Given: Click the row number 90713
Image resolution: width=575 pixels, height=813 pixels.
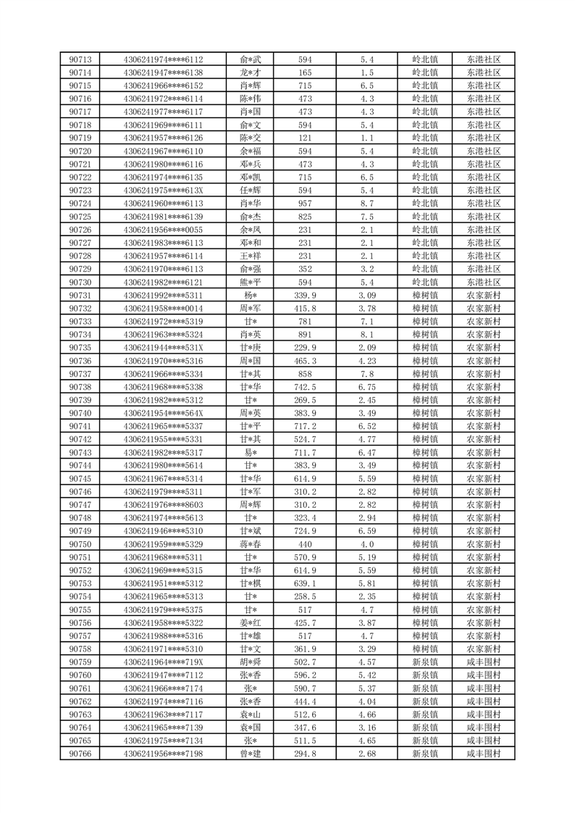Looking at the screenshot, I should (x=80, y=59).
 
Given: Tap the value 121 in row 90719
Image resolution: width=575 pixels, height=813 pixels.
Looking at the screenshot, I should (x=305, y=138).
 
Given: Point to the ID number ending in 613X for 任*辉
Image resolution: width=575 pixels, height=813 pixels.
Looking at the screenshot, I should (x=164, y=191).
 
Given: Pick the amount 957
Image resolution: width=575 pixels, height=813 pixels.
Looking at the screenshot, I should (x=305, y=204).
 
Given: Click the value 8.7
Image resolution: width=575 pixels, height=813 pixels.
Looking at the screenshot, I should (x=366, y=204).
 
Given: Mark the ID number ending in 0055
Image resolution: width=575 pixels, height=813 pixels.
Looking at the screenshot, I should (x=164, y=230).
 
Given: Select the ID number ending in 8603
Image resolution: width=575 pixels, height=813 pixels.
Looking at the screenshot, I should (x=164, y=505).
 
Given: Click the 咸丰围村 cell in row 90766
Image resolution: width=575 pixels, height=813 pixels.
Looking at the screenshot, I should (x=484, y=754).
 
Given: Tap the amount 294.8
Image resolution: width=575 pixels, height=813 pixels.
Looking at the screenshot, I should (x=305, y=754).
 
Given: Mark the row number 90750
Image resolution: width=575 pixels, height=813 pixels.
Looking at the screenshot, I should (x=80, y=544).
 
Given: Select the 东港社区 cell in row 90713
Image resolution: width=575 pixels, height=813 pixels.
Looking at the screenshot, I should (x=484, y=59).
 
